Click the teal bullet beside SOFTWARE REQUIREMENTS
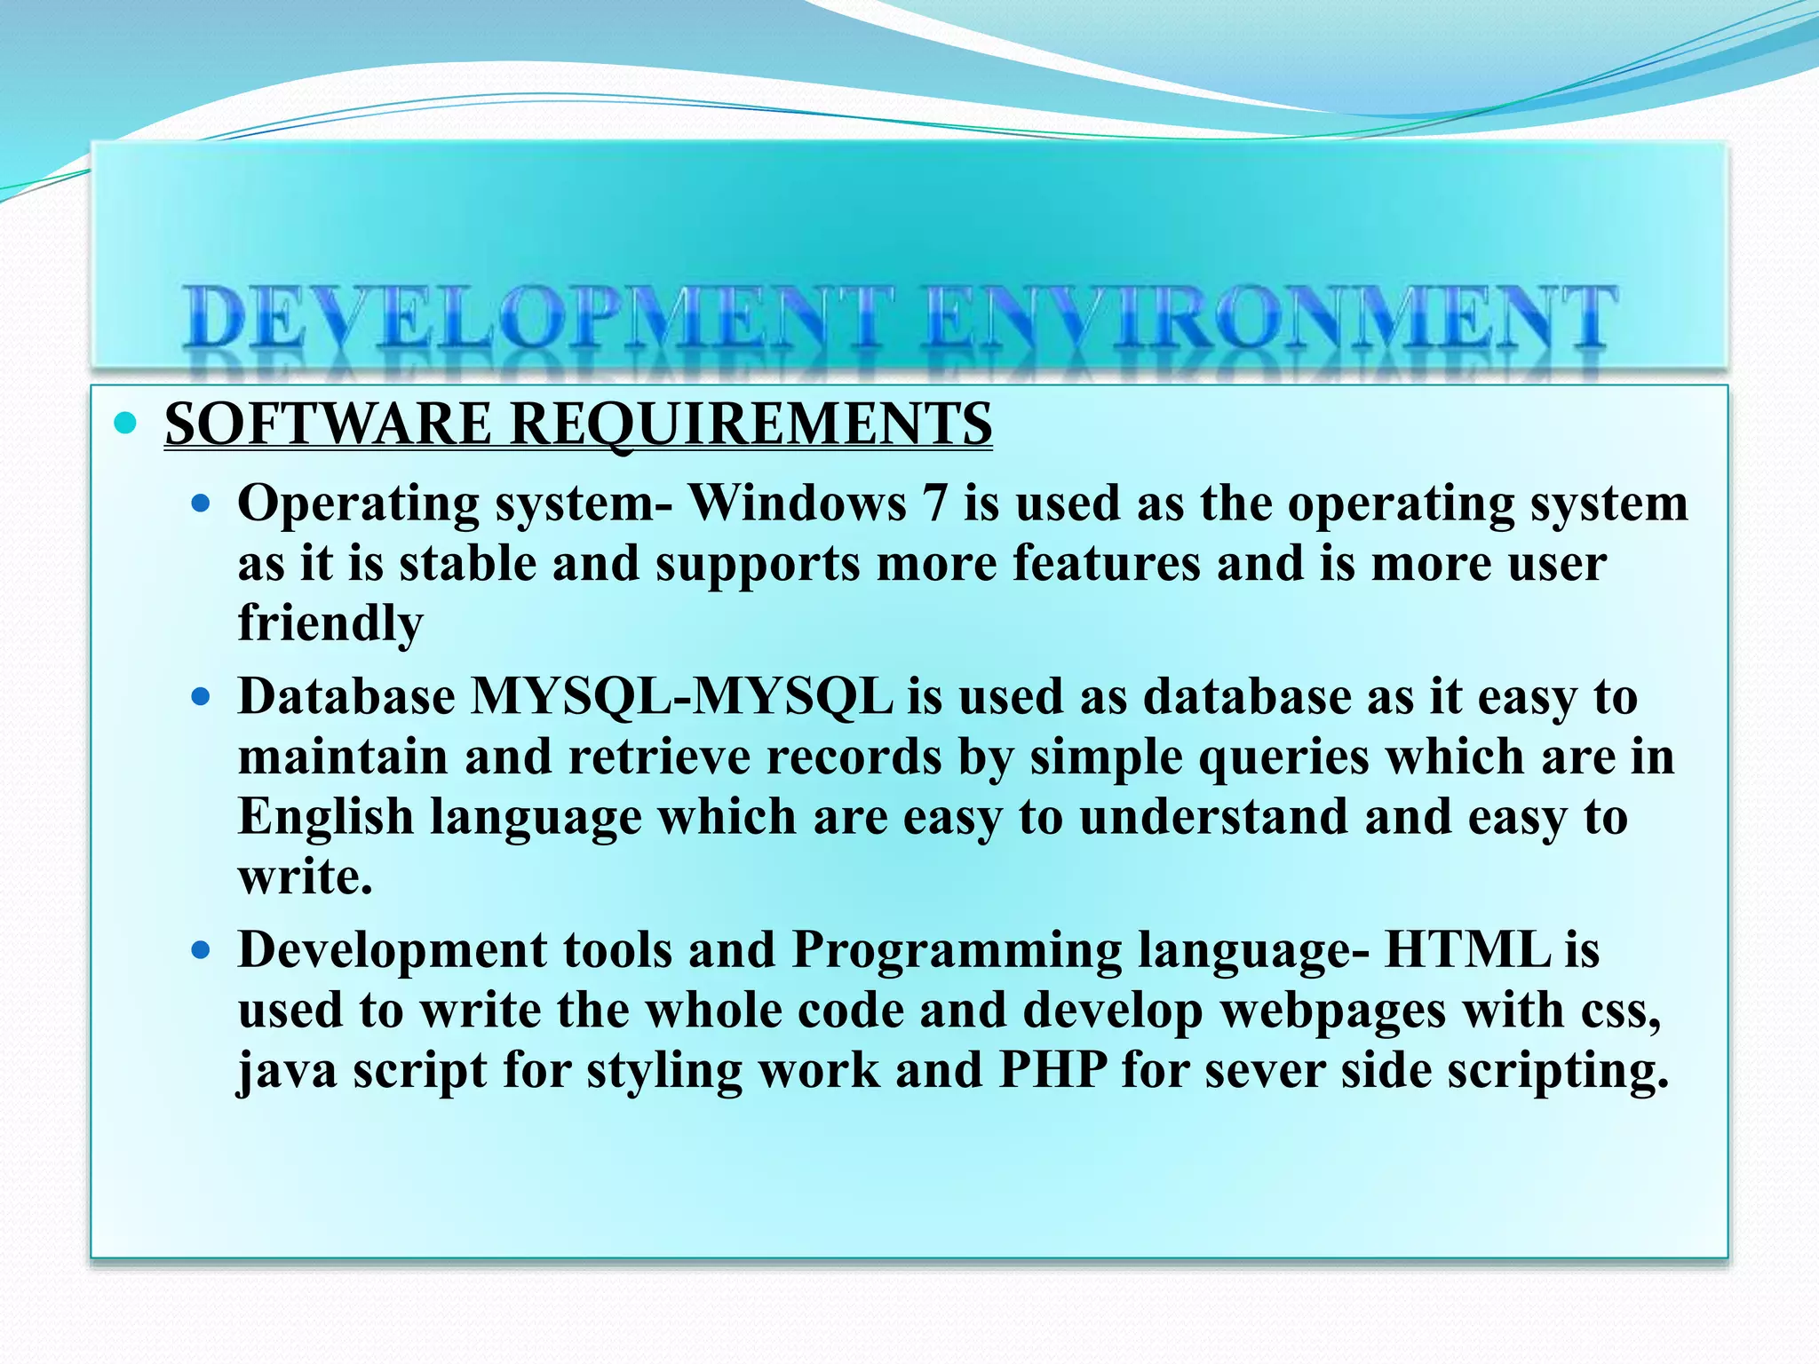pos(125,424)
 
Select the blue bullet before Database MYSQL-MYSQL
pos(202,697)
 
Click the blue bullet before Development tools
pos(202,951)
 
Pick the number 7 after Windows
pos(934,504)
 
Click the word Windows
pos(798,504)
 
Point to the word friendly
pos(330,623)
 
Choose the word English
pos(326,816)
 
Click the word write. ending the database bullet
pos(305,877)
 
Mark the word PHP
pos(1052,1070)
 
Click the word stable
pos(468,564)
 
